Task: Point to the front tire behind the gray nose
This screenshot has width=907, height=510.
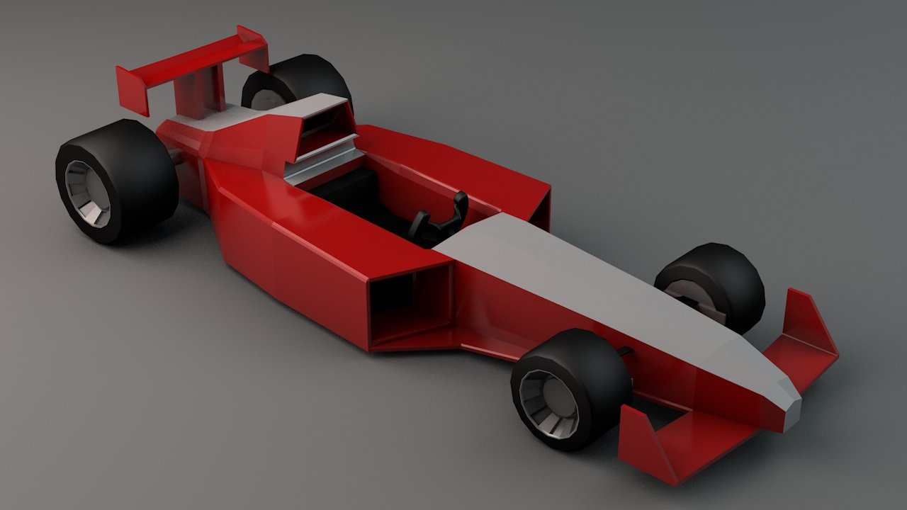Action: pos(716,283)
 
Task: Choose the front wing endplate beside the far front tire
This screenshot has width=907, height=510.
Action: pos(808,319)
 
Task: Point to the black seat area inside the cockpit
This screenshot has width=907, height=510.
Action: pos(354,191)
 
